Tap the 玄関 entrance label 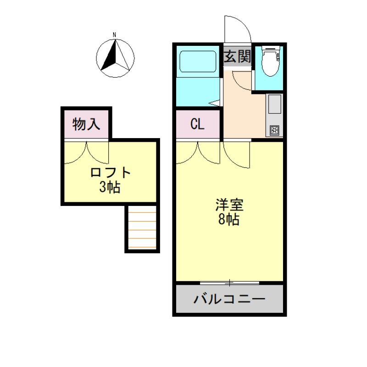[x=237, y=57]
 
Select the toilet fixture [x=270, y=62]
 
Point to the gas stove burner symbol [x=274, y=130]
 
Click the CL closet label [x=198, y=124]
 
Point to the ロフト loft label [x=111, y=173]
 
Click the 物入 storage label [x=86, y=124]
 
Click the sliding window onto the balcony [x=230, y=282]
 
